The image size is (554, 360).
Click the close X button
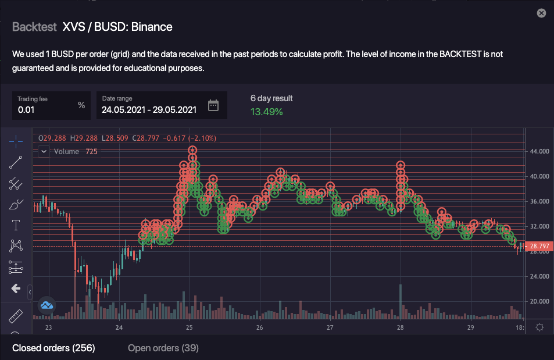click(x=541, y=13)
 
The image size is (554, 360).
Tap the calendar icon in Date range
click(x=213, y=105)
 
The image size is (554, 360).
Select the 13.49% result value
click(x=267, y=112)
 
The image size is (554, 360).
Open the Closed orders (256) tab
click(x=53, y=348)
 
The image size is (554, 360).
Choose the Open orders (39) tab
click(x=163, y=348)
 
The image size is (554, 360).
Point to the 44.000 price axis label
click(x=539, y=151)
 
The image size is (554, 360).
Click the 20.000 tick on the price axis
click(x=539, y=301)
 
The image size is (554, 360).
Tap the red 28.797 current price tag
click(x=539, y=247)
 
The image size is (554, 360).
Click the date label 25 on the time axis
click(x=190, y=327)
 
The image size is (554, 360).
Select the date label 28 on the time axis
click(x=400, y=327)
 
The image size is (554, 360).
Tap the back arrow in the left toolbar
click(x=16, y=288)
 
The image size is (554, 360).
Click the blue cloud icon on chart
click(x=47, y=305)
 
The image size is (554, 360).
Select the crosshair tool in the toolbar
click(x=16, y=141)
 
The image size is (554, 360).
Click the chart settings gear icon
click(x=539, y=327)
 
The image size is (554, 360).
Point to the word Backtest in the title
click(x=34, y=27)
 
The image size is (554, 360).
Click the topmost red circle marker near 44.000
click(x=192, y=151)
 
